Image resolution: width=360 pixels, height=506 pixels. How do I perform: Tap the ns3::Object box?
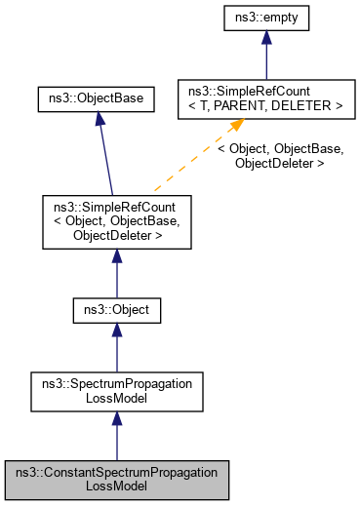117,312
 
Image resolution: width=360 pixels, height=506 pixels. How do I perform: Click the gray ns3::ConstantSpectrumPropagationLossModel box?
117,478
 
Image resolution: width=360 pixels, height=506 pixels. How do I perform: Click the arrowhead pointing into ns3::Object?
117,335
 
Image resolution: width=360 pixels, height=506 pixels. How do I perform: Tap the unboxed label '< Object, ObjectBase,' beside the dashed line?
280,149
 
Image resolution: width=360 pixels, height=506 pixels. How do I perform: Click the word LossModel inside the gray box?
117,485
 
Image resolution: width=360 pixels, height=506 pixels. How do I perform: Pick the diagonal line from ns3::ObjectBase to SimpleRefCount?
106,161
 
